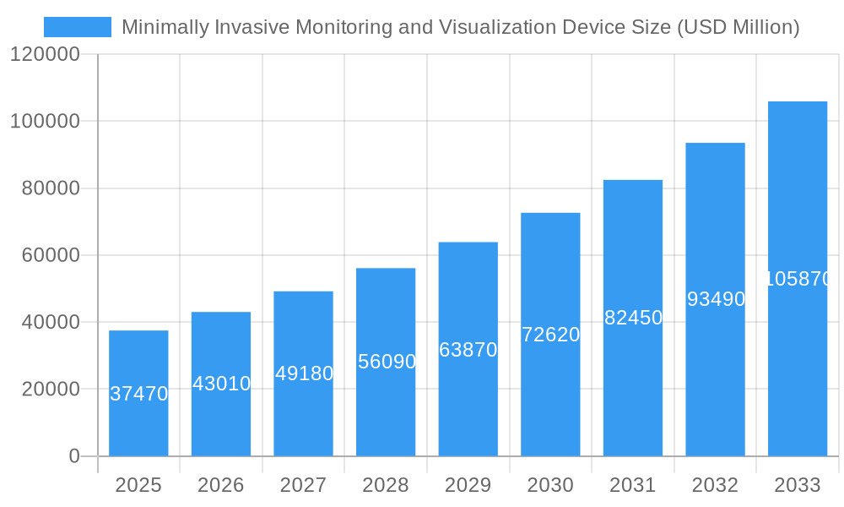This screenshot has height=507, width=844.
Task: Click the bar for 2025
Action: point(138,393)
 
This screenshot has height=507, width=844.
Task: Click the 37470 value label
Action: point(139,394)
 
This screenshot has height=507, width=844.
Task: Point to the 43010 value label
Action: point(221,384)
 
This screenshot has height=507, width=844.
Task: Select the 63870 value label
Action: point(468,350)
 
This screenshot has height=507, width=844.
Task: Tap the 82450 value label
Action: point(633,319)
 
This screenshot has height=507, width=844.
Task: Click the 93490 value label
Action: point(716,299)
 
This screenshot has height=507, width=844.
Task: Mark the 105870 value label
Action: point(798,279)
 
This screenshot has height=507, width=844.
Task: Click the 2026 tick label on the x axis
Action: point(221,485)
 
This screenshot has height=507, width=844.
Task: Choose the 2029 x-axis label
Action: point(468,485)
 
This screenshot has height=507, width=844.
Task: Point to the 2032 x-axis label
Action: point(715,485)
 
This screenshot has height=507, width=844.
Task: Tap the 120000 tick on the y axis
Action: point(45,55)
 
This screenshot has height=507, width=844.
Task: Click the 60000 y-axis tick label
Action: point(51,255)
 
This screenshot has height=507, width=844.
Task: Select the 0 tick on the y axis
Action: point(74,456)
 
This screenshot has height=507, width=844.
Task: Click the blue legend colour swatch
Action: point(78,27)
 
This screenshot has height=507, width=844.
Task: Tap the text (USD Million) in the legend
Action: point(738,27)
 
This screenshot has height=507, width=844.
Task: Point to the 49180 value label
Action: point(304,373)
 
